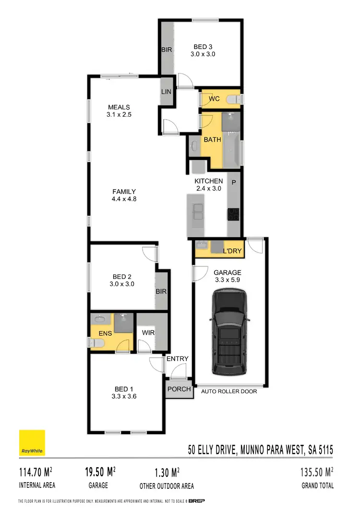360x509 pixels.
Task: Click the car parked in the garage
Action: tap(229, 333)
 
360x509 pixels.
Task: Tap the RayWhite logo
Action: tap(32, 443)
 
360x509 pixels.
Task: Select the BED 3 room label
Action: tap(203, 47)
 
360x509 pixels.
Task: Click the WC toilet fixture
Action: tap(233, 99)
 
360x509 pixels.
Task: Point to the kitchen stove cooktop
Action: tap(233, 214)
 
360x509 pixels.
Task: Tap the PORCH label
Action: tap(179, 389)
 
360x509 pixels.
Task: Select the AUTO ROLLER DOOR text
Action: tap(229, 391)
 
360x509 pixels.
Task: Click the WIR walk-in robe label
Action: tap(147, 332)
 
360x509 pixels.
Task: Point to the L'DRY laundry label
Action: tap(232, 251)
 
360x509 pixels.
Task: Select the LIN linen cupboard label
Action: tap(167, 92)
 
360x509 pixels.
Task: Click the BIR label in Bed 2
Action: tap(161, 291)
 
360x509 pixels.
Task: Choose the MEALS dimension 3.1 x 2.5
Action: tap(119, 115)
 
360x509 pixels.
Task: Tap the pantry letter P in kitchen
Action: tap(234, 182)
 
